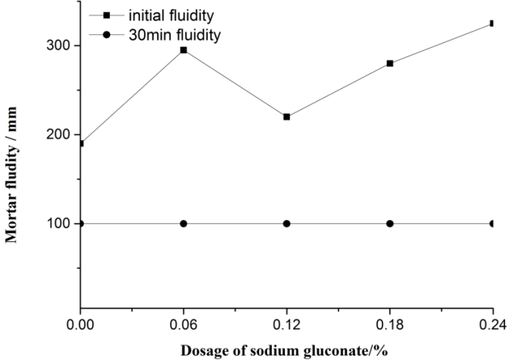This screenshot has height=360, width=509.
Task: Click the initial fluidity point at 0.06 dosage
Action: tap(184, 50)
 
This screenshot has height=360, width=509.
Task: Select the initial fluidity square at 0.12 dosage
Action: tap(286, 117)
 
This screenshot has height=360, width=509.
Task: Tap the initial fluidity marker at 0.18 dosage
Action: tap(390, 64)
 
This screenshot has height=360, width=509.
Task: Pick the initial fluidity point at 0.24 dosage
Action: tap(492, 23)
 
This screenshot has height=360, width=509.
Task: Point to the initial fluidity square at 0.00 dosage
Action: tap(81, 143)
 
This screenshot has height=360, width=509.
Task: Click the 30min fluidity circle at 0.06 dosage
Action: tap(184, 223)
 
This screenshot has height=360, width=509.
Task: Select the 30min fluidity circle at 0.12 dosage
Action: tap(286, 223)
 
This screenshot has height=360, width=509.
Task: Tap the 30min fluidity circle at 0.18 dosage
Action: tap(390, 223)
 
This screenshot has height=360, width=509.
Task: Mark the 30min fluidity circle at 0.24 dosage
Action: tap(492, 223)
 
